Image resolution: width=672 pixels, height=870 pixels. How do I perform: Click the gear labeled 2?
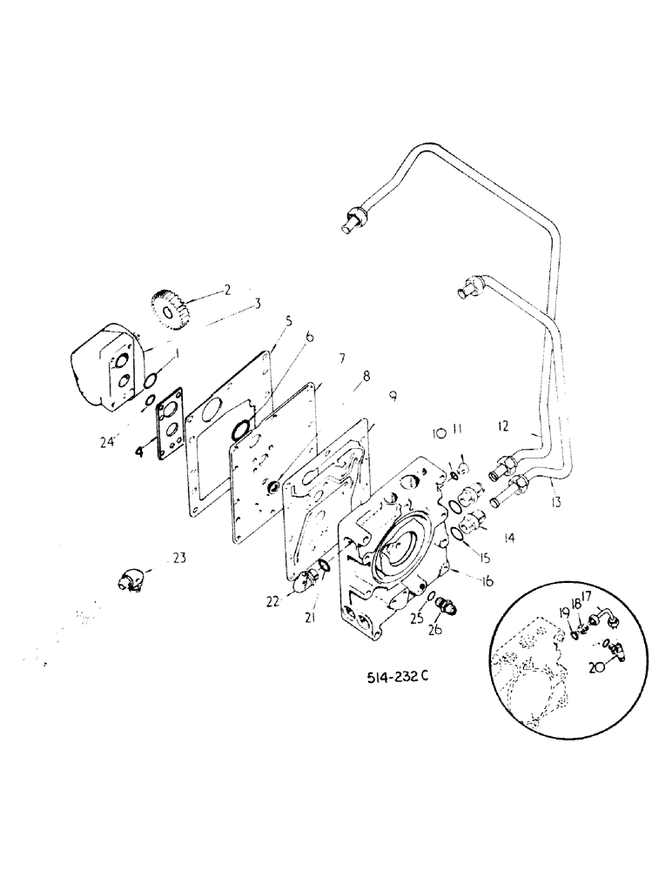pyautogui.click(x=170, y=308)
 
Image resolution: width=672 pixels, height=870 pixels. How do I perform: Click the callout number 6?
pyautogui.click(x=309, y=336)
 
